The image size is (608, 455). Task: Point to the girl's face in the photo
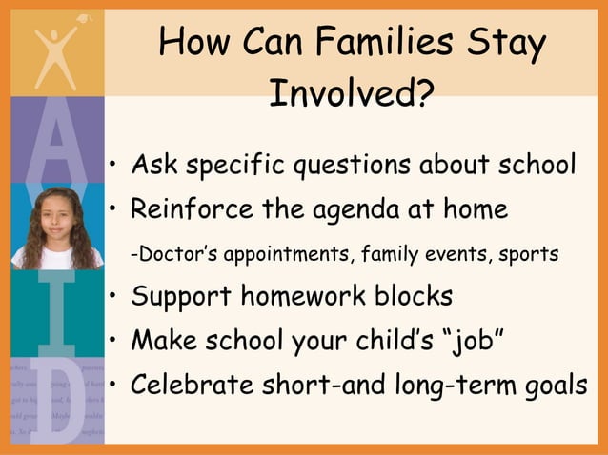[56, 222]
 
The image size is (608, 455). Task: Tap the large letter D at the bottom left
[54, 405]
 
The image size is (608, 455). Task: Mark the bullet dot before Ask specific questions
[112, 168]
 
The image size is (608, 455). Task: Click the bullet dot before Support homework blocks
[112, 297]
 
